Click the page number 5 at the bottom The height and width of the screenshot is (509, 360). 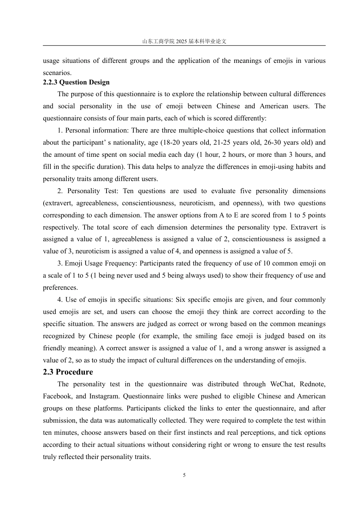click(184, 475)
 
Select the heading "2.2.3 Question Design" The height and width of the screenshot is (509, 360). click(76, 82)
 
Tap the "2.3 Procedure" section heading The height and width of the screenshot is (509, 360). click(68, 372)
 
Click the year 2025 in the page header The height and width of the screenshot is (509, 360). click(182, 41)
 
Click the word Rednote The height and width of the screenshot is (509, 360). click(312, 384)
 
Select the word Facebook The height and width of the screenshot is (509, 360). click(57, 396)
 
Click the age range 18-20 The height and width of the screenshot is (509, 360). click(171, 142)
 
